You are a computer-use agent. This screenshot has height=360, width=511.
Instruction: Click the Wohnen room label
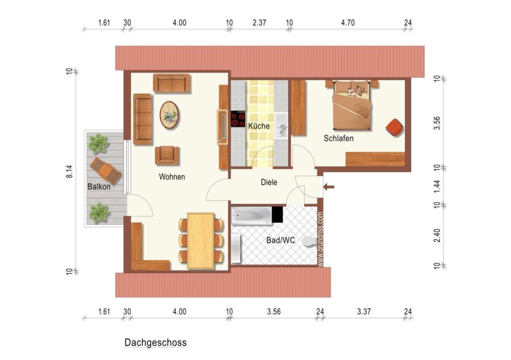(x=171, y=177)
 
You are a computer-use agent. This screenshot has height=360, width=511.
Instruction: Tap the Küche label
(x=259, y=125)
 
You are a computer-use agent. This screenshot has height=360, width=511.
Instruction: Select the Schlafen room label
(x=338, y=138)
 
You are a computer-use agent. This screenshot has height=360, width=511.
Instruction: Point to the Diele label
(x=269, y=182)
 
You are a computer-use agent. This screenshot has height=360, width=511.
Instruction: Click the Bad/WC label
(x=280, y=240)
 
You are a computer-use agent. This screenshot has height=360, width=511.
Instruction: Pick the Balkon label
(x=99, y=187)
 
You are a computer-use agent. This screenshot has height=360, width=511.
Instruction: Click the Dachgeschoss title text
(x=156, y=342)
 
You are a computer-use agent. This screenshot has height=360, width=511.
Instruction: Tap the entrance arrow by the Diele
(x=329, y=187)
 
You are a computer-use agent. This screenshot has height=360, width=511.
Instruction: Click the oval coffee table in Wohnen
(x=169, y=115)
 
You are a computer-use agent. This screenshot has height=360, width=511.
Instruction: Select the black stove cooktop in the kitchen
(x=238, y=119)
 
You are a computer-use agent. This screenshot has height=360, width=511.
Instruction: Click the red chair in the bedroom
(x=394, y=127)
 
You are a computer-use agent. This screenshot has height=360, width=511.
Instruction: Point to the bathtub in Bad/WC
(x=252, y=215)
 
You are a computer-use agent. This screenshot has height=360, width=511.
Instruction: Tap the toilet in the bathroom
(x=309, y=241)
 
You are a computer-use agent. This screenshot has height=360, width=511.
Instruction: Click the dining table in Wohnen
(x=201, y=241)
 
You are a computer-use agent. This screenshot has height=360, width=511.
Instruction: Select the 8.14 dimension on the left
(x=69, y=171)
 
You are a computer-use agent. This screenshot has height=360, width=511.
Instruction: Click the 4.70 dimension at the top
(x=347, y=23)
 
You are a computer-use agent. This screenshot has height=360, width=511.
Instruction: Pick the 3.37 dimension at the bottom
(x=364, y=312)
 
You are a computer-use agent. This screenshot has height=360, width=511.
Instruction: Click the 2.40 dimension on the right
(x=437, y=236)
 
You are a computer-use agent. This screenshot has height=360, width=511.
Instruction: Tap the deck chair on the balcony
(x=106, y=170)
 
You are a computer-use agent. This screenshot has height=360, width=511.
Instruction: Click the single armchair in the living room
(x=167, y=156)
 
